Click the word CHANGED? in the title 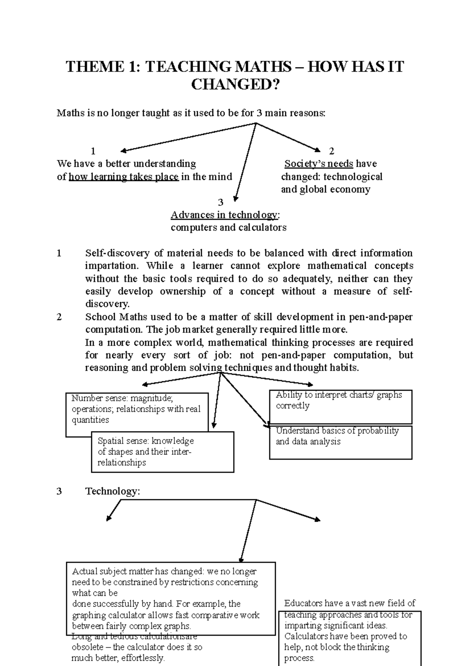tap(235, 84)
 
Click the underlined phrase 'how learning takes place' tap(124, 177)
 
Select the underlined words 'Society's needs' tap(319, 164)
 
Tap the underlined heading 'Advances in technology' tap(224, 215)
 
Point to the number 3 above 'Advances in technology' tap(221, 202)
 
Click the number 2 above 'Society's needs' tap(331, 151)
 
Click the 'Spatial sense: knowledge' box tap(162, 452)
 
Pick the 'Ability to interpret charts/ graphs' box tap(340, 406)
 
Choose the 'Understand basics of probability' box tap(340, 442)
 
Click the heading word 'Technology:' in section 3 tap(113, 491)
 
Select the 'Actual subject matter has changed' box tap(171, 598)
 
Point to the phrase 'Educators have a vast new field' tap(349, 603)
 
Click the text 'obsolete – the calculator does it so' tap(137, 647)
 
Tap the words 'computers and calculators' tap(228, 227)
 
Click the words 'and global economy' tap(325, 189)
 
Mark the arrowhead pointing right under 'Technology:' tap(317, 520)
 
